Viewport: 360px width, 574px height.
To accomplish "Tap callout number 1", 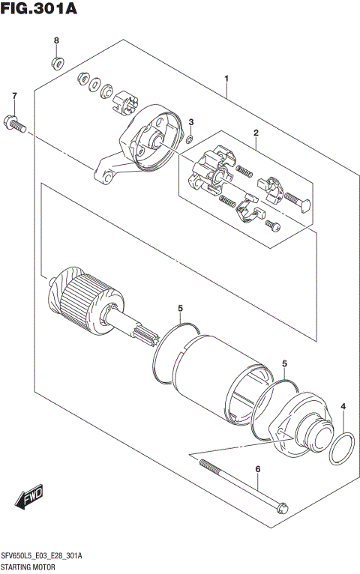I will tap(226, 79).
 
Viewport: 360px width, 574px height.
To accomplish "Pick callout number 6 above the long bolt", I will tap(257, 470).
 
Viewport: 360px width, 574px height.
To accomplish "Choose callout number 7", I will tap(13, 96).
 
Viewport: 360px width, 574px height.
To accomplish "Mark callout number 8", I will tap(55, 40).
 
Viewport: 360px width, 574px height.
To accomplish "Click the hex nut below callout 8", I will tap(56, 59).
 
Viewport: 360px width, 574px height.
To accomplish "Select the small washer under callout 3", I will tap(190, 138).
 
